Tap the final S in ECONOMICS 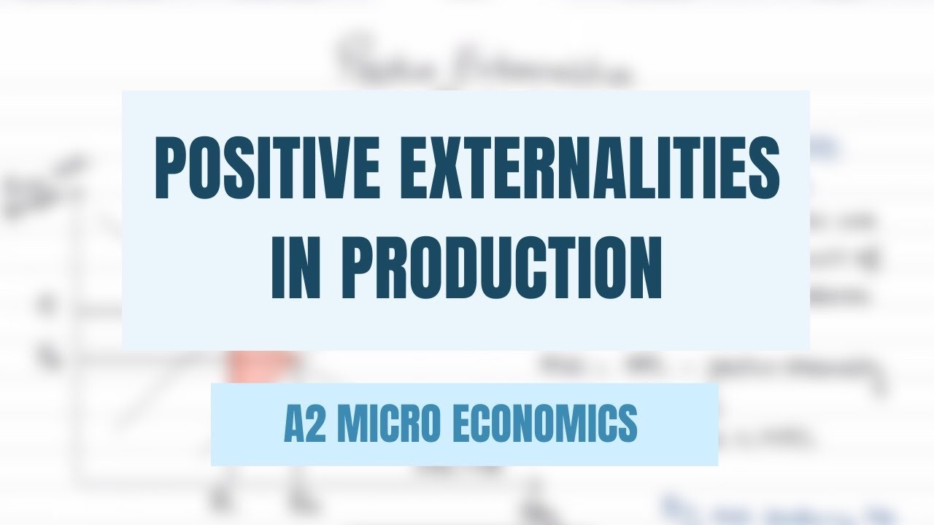coord(628,424)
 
